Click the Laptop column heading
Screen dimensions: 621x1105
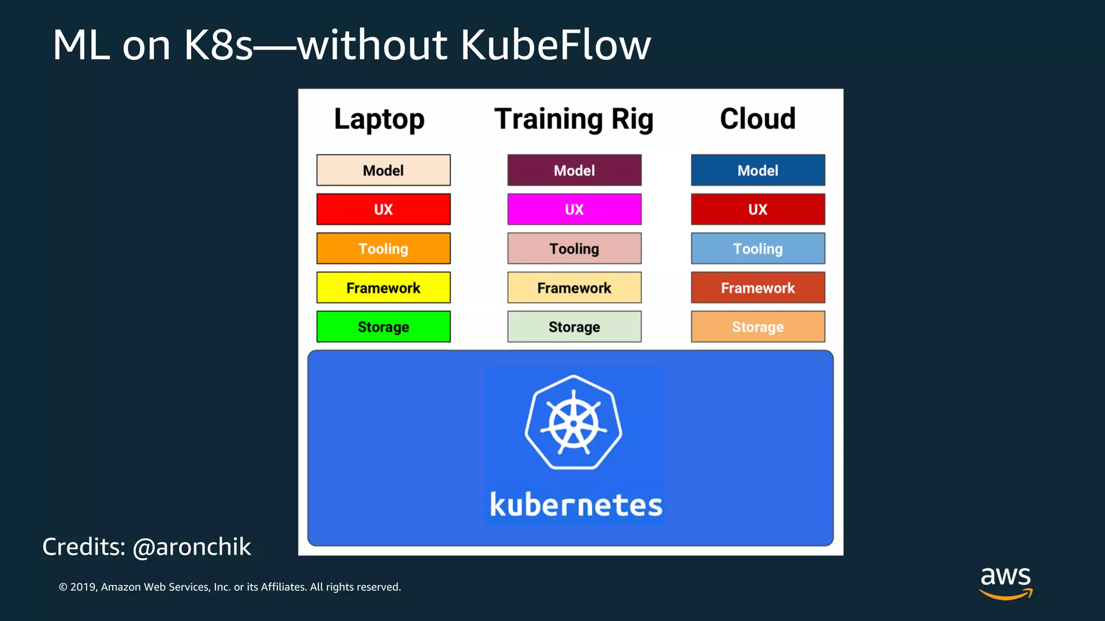pyautogui.click(x=379, y=119)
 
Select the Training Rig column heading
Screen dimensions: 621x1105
pyautogui.click(x=574, y=119)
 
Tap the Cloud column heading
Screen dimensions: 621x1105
pyautogui.click(x=758, y=119)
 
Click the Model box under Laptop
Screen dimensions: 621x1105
pyautogui.click(x=383, y=170)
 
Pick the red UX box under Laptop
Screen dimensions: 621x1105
pyautogui.click(x=383, y=209)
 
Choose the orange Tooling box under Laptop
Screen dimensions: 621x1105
pyautogui.click(x=383, y=249)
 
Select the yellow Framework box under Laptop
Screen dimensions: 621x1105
pyautogui.click(x=383, y=288)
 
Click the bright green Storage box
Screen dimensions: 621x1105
pyautogui.click(x=383, y=327)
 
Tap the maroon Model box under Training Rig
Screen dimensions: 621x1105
pyautogui.click(x=574, y=170)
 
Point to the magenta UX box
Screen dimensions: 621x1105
pyautogui.click(x=574, y=209)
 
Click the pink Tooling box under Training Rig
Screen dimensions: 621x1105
pyautogui.click(x=574, y=249)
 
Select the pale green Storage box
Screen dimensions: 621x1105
pyautogui.click(x=574, y=327)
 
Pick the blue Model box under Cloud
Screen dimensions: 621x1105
pyautogui.click(x=758, y=170)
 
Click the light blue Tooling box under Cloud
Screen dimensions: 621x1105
pyautogui.click(x=758, y=249)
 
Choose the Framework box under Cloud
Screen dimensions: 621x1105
pyautogui.click(x=758, y=288)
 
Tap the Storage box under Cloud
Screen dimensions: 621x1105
pyautogui.click(x=758, y=327)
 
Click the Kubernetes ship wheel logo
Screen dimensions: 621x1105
pyautogui.click(x=574, y=423)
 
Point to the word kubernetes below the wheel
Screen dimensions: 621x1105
pyautogui.click(x=576, y=505)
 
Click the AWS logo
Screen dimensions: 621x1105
pyautogui.click(x=1006, y=582)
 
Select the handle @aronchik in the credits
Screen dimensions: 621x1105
pyautogui.click(x=192, y=547)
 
